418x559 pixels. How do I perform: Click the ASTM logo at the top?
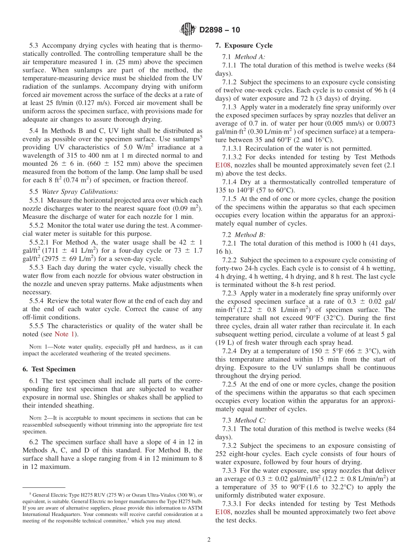point(188,30)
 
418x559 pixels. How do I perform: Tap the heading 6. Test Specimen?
point(49,369)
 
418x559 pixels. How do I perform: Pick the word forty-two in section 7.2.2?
point(229,269)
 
